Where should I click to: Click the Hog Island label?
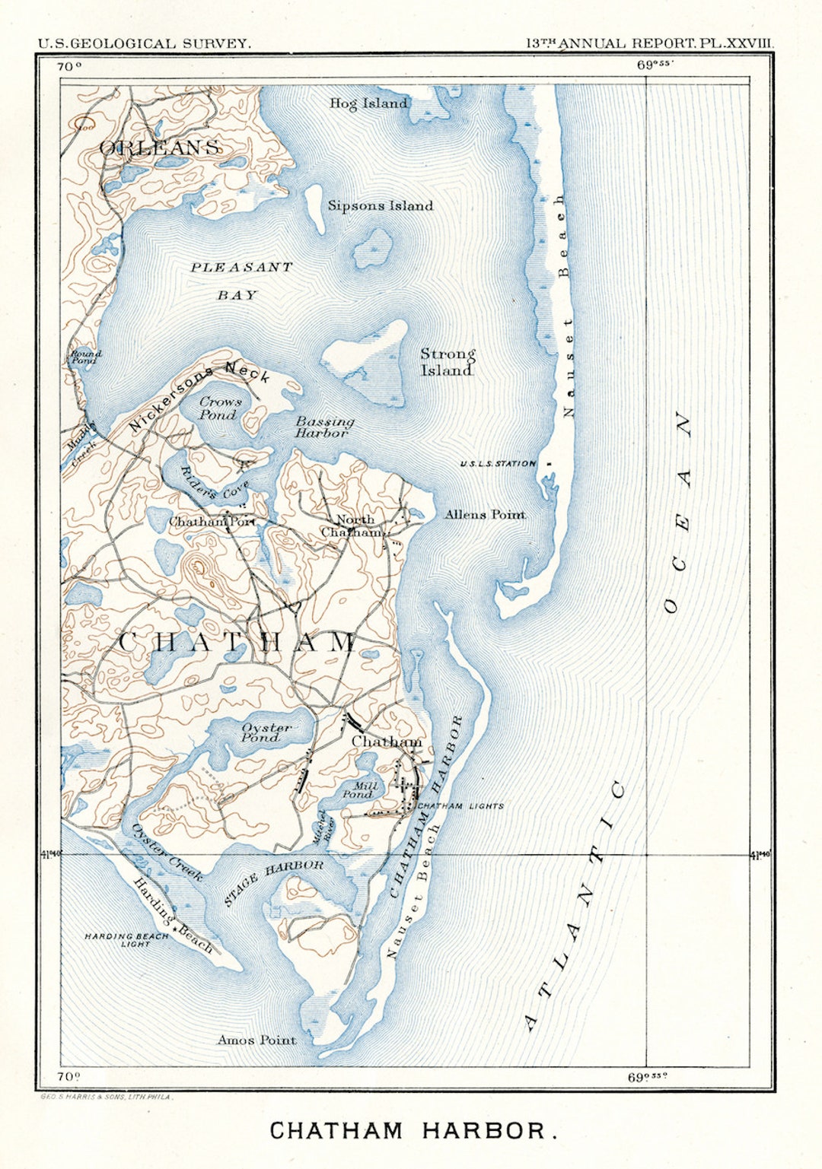[x=368, y=103]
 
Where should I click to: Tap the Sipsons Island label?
[x=380, y=206]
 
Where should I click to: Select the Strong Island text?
[x=448, y=363]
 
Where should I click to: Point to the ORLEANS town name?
[x=160, y=148]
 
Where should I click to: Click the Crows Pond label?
[x=220, y=408]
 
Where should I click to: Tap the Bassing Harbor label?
[x=324, y=427]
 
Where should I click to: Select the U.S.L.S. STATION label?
[x=498, y=464]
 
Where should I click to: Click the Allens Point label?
[x=485, y=515]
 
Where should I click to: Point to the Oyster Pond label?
[x=265, y=732]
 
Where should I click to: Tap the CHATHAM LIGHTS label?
[x=461, y=806]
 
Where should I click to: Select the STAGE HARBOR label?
[x=273, y=882]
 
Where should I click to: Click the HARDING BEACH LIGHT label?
[x=126, y=940]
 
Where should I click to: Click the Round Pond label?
[x=85, y=357]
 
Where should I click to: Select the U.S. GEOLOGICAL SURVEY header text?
[x=144, y=43]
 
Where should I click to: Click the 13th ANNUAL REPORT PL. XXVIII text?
[x=650, y=43]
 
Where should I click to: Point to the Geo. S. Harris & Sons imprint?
[x=106, y=1098]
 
